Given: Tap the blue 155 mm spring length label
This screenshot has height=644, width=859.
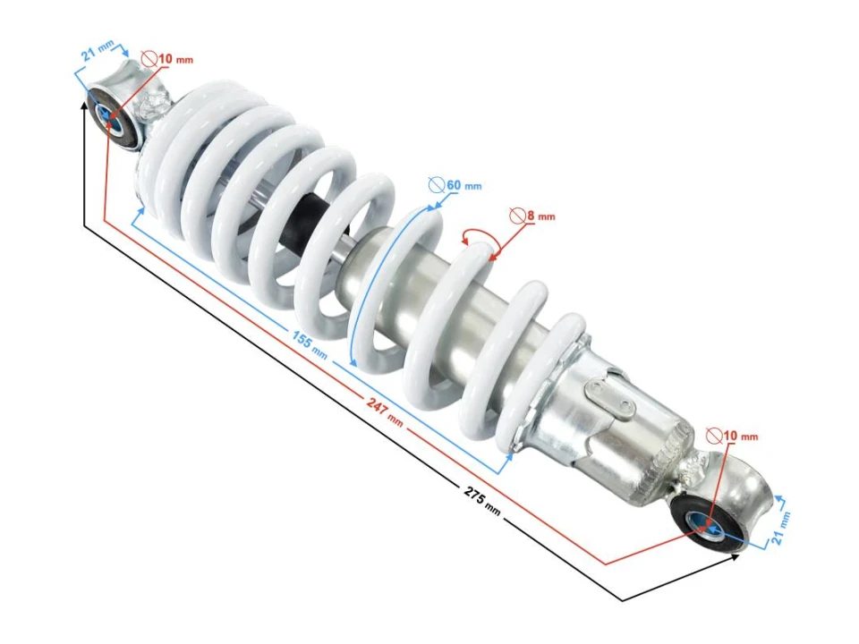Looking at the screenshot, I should (310, 341).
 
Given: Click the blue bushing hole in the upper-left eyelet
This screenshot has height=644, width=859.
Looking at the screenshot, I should (109, 114).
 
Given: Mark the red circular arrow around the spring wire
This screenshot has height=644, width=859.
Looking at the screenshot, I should (481, 236).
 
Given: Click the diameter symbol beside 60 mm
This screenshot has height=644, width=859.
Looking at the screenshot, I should (436, 186).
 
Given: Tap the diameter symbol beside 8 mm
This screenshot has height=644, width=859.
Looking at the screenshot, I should (516, 216).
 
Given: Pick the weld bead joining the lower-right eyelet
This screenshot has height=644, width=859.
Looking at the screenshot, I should (690, 466).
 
